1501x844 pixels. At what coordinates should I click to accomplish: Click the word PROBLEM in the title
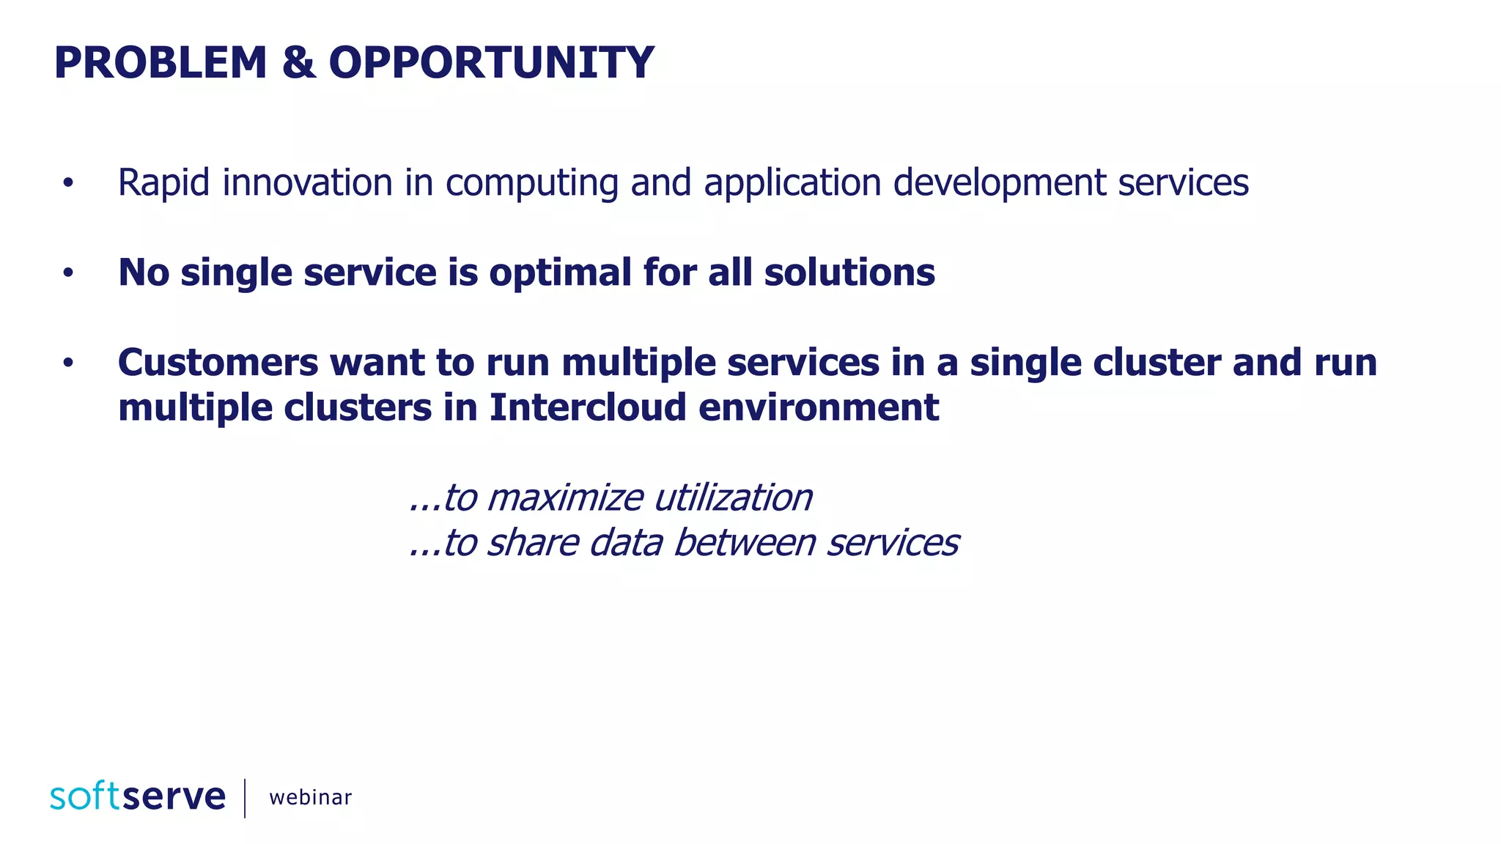(x=161, y=63)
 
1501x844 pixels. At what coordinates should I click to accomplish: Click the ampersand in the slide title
(x=298, y=63)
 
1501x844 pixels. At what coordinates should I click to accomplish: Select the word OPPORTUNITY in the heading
(x=491, y=63)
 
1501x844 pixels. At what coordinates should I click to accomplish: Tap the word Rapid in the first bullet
(x=163, y=183)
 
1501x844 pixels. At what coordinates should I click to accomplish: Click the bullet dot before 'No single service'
(x=68, y=273)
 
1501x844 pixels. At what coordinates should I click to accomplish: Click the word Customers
(x=218, y=363)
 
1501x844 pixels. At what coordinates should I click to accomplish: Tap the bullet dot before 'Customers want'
(x=68, y=363)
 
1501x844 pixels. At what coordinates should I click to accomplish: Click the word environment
(x=818, y=407)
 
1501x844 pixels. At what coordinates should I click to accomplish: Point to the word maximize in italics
(x=564, y=498)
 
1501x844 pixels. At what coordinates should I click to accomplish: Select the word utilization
(x=733, y=498)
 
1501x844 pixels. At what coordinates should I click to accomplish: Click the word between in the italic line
(x=745, y=543)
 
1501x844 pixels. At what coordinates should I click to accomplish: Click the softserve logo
(x=138, y=796)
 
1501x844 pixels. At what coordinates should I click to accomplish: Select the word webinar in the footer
(x=310, y=797)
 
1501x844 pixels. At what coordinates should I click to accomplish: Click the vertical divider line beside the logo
(x=245, y=798)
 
